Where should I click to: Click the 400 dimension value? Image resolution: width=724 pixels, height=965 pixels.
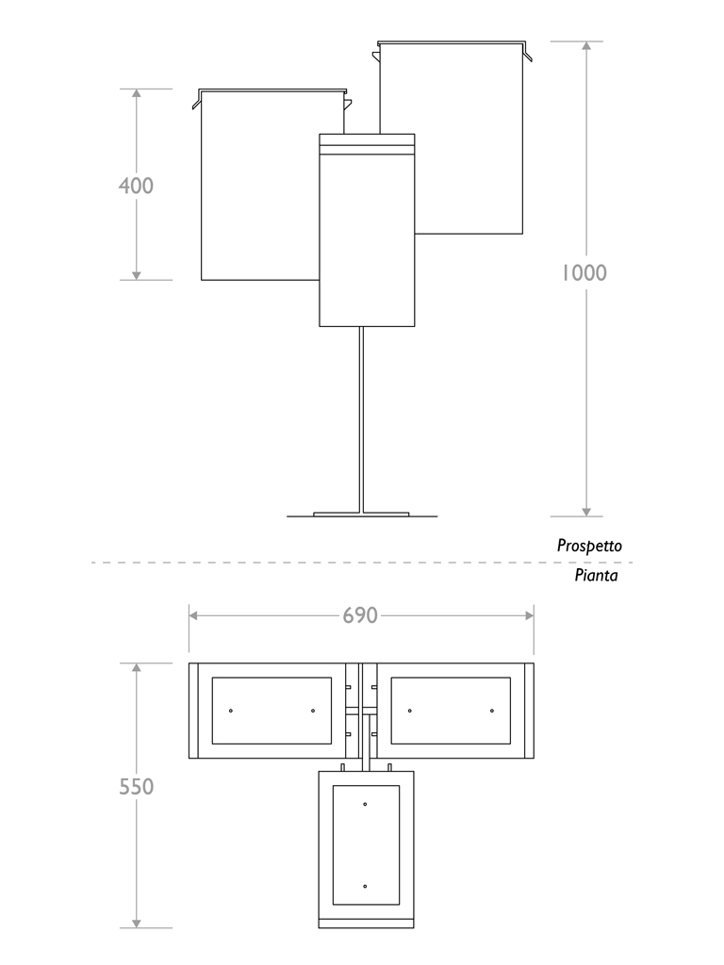(136, 186)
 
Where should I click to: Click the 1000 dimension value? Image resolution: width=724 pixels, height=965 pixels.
(584, 273)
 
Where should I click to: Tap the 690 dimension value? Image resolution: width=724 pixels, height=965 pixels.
(360, 615)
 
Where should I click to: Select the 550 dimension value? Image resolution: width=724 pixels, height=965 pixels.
(137, 786)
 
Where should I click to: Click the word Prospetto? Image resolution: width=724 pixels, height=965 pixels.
(589, 546)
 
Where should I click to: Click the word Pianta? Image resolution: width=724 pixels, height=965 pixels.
(597, 575)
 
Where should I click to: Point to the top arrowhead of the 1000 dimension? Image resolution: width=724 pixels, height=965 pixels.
(586, 47)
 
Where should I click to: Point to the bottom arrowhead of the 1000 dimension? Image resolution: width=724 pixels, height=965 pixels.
(586, 510)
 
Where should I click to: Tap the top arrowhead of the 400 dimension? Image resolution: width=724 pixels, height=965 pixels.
(137, 95)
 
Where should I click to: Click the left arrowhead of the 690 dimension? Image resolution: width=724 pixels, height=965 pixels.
(194, 615)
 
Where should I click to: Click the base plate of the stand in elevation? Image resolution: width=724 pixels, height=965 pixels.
(361, 515)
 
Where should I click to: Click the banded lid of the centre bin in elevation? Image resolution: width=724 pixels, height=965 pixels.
(367, 143)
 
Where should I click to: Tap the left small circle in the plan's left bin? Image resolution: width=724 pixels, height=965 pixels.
(231, 710)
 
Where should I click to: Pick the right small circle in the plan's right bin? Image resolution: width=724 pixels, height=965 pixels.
(491, 710)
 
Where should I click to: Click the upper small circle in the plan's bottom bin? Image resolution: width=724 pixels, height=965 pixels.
(365, 804)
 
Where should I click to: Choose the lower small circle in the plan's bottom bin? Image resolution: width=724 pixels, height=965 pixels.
(365, 886)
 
